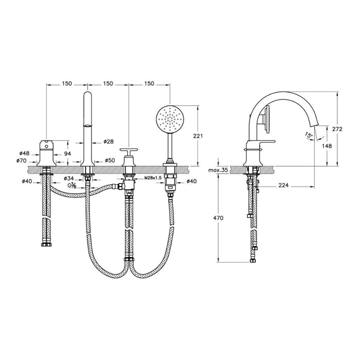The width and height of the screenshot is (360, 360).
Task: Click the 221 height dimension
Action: pos(204,136)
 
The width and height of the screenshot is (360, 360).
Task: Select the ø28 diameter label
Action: pos(108,141)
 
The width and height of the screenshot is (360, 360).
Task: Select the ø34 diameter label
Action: pos(73,178)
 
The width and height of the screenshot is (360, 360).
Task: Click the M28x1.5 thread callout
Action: pos(153,178)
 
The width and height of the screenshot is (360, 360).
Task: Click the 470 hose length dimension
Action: pos(218,218)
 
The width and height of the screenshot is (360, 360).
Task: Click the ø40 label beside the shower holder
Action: pos(191,181)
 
